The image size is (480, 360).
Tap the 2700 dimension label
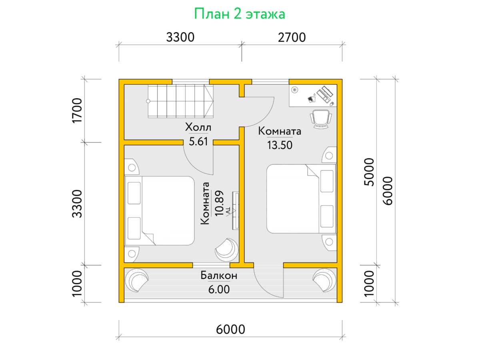292,37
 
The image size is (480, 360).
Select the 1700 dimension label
77,111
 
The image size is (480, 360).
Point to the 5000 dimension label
369,172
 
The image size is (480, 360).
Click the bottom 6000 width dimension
230,329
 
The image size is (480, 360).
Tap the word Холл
198,127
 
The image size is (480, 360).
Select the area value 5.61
198,142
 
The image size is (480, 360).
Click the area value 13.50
280,145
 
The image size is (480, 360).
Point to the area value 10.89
219,204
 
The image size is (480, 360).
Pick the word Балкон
219,276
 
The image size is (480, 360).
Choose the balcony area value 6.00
219,290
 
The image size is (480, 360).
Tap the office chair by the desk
321,119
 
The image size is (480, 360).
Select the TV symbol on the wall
235,210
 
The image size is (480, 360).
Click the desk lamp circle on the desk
295,90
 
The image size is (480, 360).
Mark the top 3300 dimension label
180,37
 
